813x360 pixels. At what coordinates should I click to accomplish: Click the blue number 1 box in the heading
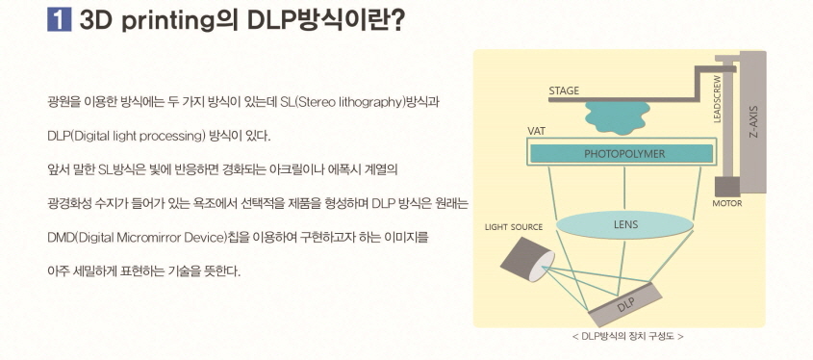[60, 21]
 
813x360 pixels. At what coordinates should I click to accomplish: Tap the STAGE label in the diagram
[564, 90]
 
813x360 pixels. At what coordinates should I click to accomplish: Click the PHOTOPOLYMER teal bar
[623, 153]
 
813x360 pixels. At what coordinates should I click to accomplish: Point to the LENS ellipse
[624, 225]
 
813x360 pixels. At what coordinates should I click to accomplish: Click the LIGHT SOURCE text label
[514, 227]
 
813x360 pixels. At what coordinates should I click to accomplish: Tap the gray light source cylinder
[527, 258]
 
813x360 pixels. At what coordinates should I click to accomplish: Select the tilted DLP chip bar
[625, 304]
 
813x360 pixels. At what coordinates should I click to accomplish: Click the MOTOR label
[726, 203]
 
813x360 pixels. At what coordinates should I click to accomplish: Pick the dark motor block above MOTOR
[726, 186]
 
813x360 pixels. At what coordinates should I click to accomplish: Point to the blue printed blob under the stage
[618, 116]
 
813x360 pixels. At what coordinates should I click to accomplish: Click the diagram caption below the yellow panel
[626, 337]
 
